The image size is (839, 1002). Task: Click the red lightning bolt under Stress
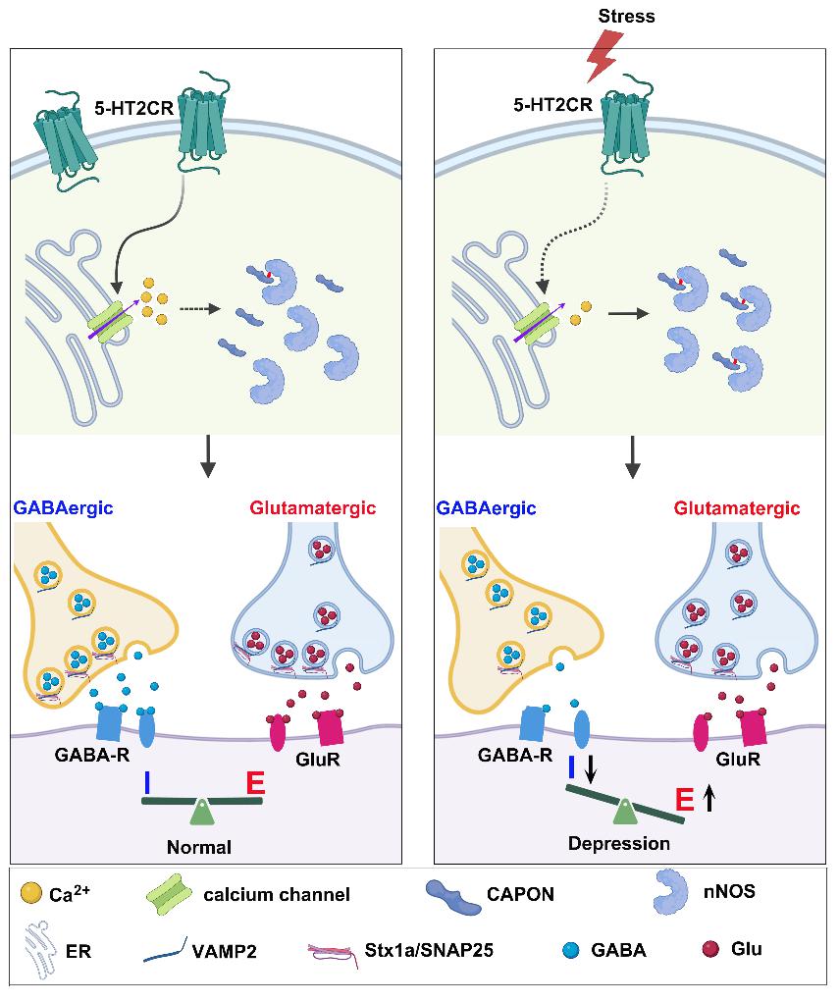point(603,57)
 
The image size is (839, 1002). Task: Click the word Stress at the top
point(625,16)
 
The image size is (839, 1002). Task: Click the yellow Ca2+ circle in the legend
point(30,893)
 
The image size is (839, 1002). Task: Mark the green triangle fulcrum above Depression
point(623,811)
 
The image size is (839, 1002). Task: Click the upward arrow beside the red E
point(709,798)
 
